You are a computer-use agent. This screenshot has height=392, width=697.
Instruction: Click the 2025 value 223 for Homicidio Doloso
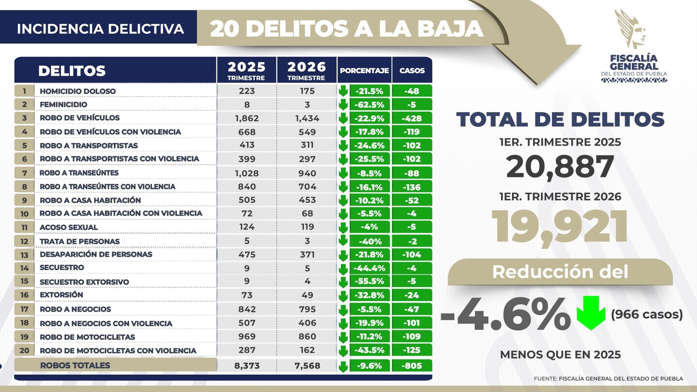[247, 91]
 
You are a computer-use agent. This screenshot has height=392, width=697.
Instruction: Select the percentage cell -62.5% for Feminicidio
[369, 105]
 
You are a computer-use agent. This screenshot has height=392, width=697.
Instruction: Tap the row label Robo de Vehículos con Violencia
[110, 132]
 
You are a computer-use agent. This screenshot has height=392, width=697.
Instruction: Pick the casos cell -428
[412, 118]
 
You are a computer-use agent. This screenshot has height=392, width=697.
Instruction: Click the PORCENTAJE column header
[364, 71]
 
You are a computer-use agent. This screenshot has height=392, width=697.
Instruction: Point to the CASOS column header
[412, 71]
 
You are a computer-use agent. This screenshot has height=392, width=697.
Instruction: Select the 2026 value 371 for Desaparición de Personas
[307, 254]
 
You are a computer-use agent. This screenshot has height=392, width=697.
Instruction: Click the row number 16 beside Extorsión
[24, 295]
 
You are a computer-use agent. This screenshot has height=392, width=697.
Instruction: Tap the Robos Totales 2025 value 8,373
[247, 366]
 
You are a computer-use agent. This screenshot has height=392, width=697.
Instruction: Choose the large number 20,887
[560, 167]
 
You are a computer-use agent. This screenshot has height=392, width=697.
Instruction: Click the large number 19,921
[560, 226]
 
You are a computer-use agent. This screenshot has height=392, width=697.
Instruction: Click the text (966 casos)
[646, 314]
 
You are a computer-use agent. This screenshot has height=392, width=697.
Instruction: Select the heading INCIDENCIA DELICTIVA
[100, 29]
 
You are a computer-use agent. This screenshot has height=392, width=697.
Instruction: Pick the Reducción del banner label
[560, 272]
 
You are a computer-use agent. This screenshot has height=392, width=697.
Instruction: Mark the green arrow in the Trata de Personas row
[343, 240]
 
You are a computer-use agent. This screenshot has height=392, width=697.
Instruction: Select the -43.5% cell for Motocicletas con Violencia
[369, 350]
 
